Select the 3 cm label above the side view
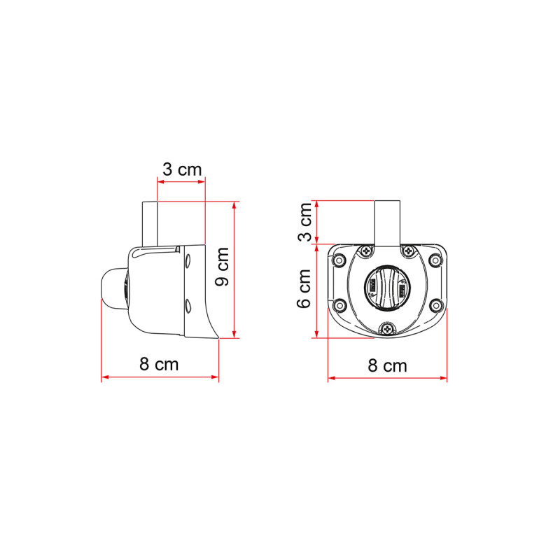click(x=182, y=169)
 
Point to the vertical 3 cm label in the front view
click(x=305, y=222)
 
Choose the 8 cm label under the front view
click(x=387, y=365)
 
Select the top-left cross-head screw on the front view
click(x=365, y=251)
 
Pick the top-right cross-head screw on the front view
click(x=408, y=251)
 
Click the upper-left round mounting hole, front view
click(x=339, y=261)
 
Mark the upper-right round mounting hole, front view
click(x=435, y=261)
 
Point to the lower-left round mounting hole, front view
click(x=339, y=305)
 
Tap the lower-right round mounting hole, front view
click(x=435, y=305)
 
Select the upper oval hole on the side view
click(x=188, y=262)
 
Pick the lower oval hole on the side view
click(x=188, y=304)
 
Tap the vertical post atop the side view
click(x=150, y=223)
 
